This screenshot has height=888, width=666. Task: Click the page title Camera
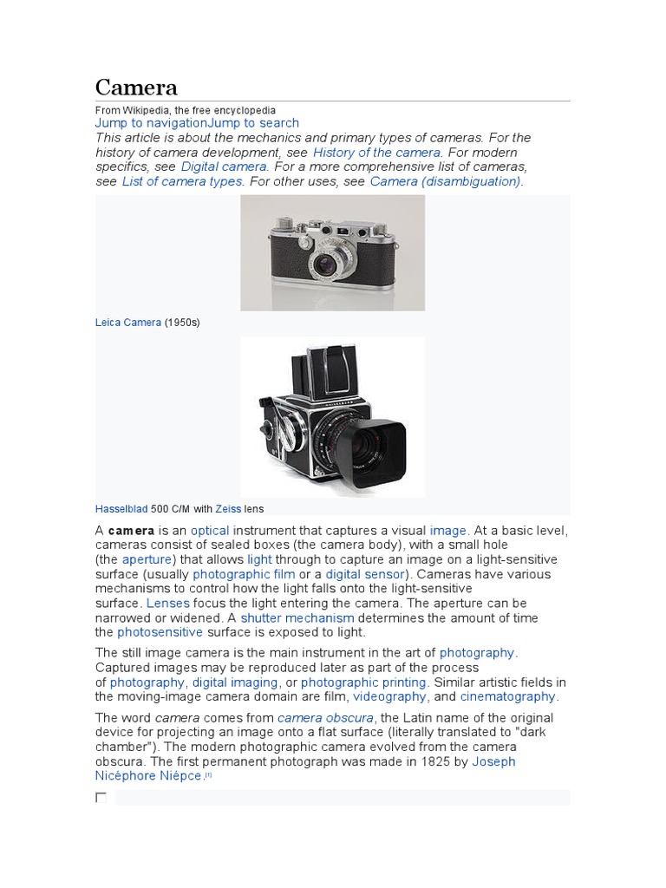coord(136,87)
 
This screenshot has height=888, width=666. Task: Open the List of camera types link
coord(183,181)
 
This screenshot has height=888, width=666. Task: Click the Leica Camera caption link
coord(128,323)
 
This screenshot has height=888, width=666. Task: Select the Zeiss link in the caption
coord(229,509)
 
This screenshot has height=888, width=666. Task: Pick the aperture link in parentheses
coord(147,559)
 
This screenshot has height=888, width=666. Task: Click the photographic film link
coord(243,574)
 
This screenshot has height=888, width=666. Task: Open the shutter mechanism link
coord(297,618)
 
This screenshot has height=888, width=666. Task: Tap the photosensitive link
coord(160,632)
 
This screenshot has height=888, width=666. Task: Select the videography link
coord(389,696)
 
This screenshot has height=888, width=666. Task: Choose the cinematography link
coord(507,696)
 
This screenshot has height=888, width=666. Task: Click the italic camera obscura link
coord(325,718)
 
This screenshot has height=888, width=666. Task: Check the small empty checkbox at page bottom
coord(101,797)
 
